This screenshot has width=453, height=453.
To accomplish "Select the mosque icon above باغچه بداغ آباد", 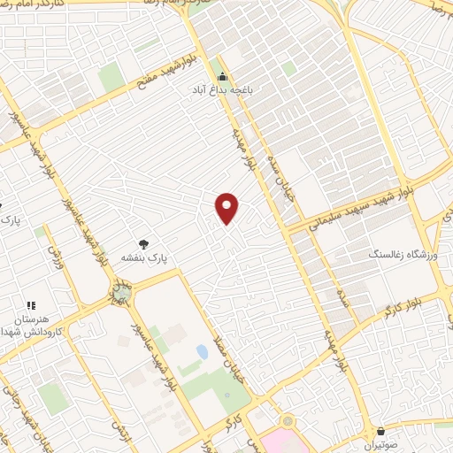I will tap(223, 76).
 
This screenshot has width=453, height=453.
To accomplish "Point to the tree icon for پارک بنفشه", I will tap(143, 242).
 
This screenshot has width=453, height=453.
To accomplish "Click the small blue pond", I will tap(203, 352).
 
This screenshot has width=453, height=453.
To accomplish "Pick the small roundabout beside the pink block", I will tap(286, 421).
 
